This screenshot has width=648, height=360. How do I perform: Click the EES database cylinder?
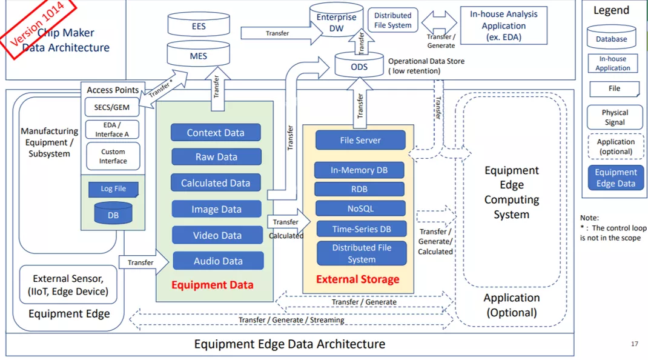point(199,24)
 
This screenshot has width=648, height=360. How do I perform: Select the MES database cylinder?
point(199,54)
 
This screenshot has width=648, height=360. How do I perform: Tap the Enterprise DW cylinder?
point(336,21)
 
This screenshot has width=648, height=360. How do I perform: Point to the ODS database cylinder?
point(359,65)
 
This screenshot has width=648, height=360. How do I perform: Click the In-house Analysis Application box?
point(504,25)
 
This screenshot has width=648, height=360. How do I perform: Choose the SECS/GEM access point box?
point(111,107)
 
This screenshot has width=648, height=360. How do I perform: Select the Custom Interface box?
point(113,156)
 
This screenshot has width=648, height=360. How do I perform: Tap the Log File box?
point(113,189)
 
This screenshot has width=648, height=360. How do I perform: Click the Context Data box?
point(216,132)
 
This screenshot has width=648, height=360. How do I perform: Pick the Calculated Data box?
point(216,182)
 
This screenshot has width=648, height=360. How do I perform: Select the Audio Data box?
point(218,261)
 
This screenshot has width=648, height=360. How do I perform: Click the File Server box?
point(360,140)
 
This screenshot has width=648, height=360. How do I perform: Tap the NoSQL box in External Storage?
point(360,208)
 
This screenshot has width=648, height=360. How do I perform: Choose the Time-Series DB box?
point(362,229)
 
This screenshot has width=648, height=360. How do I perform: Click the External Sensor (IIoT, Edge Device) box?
point(68,285)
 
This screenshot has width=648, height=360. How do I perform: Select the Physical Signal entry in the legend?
point(615,118)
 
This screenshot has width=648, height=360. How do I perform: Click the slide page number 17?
point(635,344)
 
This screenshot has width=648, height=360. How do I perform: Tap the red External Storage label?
point(358,279)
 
